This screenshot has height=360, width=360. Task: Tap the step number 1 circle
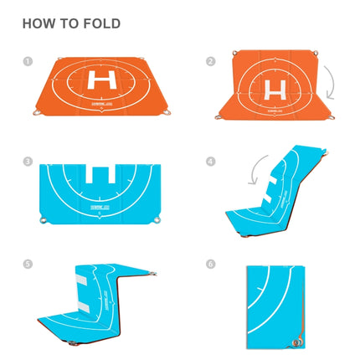(28, 61)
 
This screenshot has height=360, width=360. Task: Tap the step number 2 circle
(211, 61)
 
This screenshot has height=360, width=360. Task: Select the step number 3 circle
(28, 162)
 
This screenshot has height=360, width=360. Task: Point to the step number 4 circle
(211, 162)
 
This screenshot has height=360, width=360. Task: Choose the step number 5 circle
(28, 264)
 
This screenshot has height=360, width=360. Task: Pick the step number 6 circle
(211, 264)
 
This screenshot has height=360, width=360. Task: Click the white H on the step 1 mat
(103, 82)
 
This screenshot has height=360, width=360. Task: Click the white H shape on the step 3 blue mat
(100, 177)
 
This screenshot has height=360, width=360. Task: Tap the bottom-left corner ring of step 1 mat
(37, 112)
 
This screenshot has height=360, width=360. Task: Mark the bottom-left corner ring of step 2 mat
(219, 118)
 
